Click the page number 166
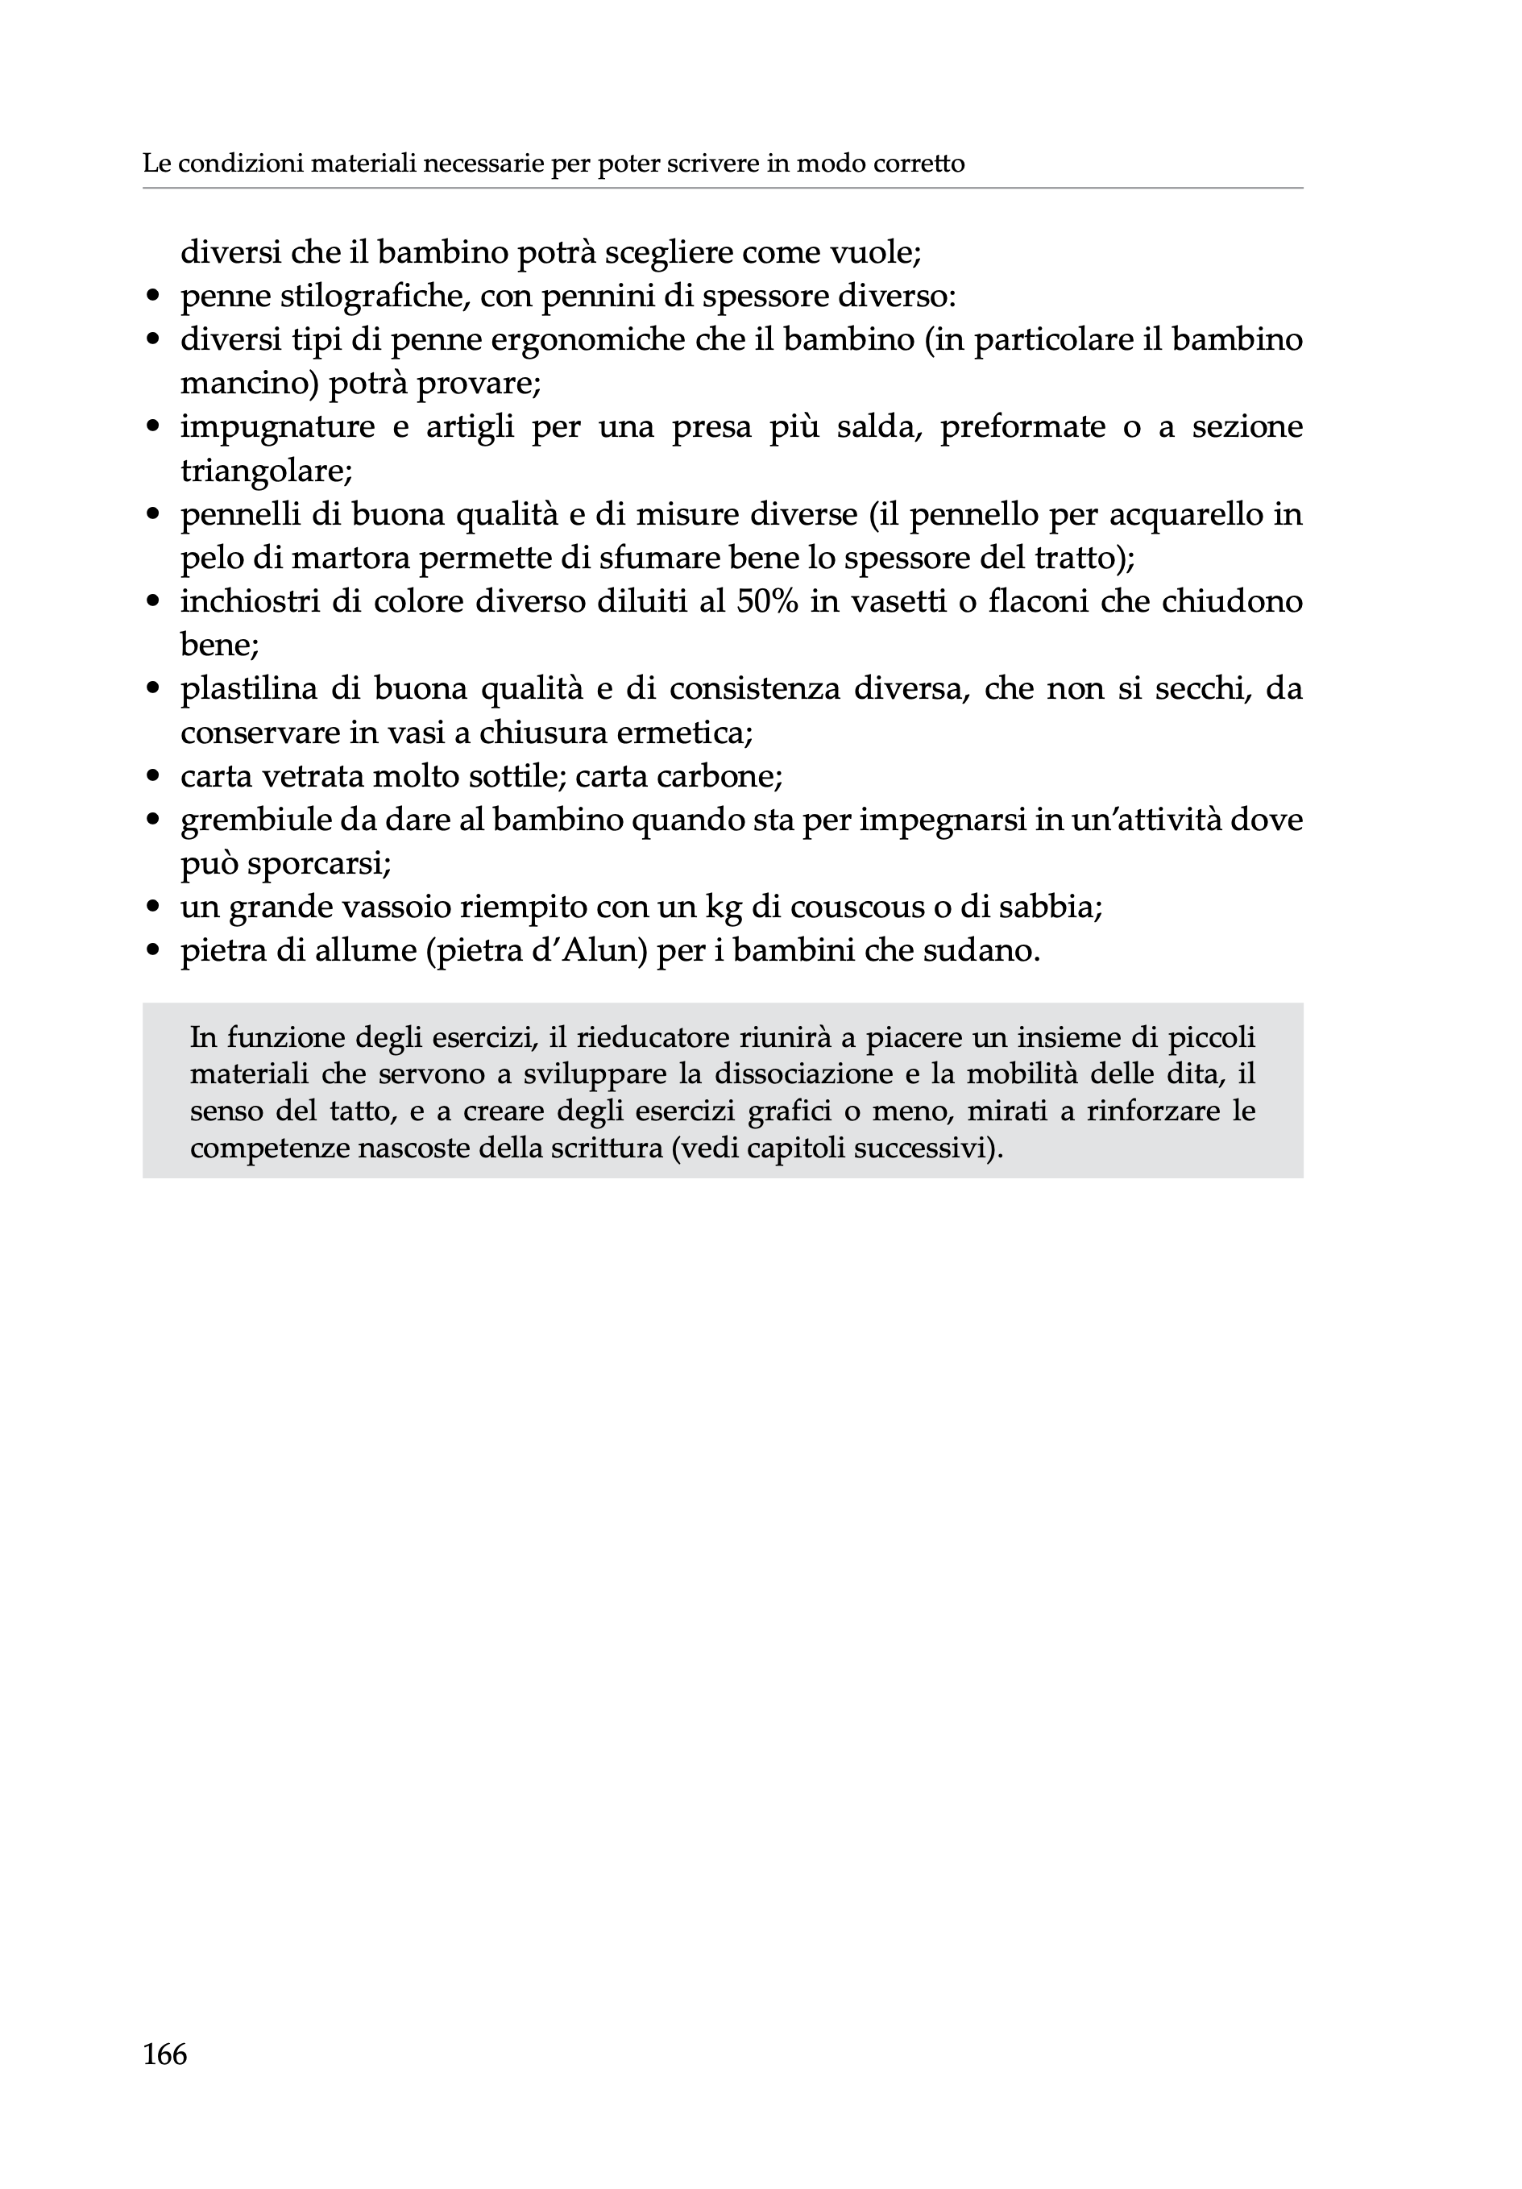[165, 2053]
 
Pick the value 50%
[767, 601]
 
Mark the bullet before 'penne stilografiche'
[152, 297]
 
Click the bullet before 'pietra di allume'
[152, 952]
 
